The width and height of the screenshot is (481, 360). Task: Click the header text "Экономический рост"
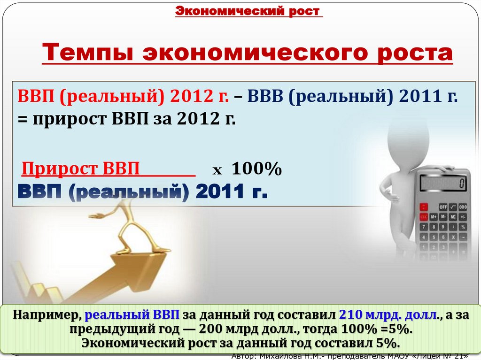tap(249, 11)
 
